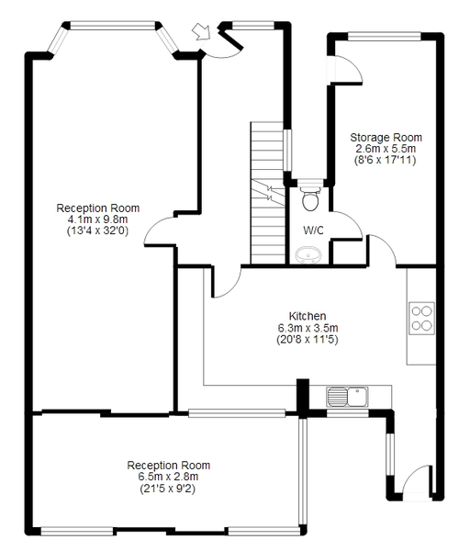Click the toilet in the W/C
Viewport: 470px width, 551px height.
tap(310, 198)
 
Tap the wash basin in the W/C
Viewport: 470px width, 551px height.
tap(308, 254)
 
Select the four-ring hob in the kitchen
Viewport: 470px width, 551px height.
tap(421, 318)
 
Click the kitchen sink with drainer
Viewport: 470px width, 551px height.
tap(347, 397)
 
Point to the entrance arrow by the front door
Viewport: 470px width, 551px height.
tap(201, 31)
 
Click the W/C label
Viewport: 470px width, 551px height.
tap(313, 231)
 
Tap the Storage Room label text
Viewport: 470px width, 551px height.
tap(386, 138)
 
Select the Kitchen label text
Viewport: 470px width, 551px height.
tap(308, 316)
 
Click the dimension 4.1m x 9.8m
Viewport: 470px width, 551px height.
tap(97, 219)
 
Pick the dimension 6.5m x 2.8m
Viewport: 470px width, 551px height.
tap(168, 477)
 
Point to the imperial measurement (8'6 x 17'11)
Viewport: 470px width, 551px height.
tap(386, 160)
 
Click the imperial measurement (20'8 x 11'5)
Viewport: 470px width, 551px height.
tap(308, 340)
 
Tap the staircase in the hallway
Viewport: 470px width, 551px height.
tap(268, 193)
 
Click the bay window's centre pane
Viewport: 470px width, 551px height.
tap(113, 26)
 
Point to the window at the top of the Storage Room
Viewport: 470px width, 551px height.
tap(385, 36)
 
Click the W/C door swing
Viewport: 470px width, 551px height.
tap(347, 226)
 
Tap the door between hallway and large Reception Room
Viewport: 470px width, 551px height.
tap(160, 231)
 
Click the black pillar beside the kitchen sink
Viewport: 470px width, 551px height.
tap(303, 398)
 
